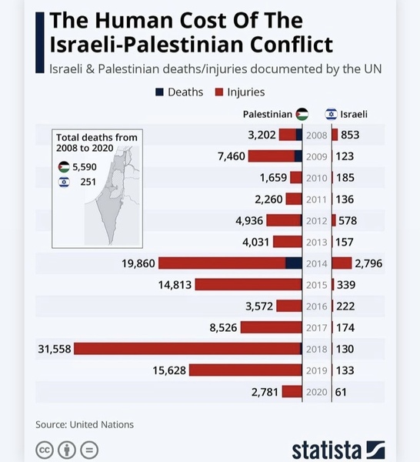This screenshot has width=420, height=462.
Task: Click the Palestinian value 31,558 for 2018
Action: pos(55,349)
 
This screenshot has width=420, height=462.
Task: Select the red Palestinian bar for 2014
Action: pos(223,263)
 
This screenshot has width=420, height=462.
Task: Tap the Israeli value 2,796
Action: pos(368,263)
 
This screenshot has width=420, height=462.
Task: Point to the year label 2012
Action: pos(317,221)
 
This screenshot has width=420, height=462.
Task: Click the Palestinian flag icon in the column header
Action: pos(302,114)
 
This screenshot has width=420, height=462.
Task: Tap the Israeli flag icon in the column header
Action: pos(332,114)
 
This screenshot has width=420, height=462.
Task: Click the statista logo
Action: pos(338,449)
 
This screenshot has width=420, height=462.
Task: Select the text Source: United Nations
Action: pos(85,424)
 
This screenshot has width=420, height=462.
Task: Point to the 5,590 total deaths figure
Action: pos(85,166)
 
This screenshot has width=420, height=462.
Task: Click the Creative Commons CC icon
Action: pos(45,449)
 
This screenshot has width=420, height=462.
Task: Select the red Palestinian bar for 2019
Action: pos(245,370)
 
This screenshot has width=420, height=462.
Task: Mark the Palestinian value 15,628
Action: pos(170,370)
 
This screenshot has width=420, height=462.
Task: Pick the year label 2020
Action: pos(317,392)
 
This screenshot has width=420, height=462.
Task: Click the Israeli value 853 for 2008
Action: pos(350,136)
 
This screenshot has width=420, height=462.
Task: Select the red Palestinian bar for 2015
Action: pos(248,285)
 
